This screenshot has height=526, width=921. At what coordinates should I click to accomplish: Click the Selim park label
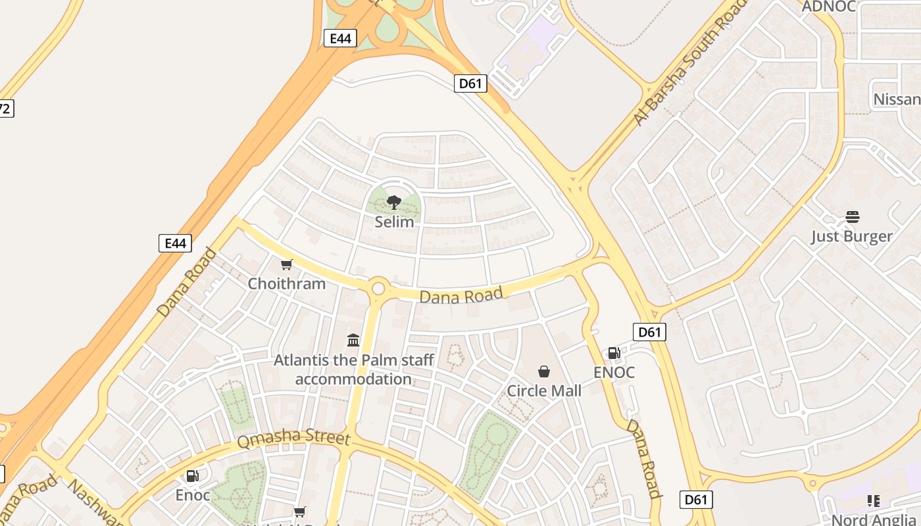click(x=394, y=222)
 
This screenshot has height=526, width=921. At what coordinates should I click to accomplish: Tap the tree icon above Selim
click(x=394, y=203)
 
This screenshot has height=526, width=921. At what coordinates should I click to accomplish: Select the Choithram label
click(x=286, y=283)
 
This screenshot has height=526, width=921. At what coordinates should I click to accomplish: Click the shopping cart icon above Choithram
click(x=286, y=265)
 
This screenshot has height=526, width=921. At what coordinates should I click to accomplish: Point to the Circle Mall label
click(x=544, y=391)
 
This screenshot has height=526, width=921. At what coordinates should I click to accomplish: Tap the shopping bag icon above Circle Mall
click(x=544, y=371)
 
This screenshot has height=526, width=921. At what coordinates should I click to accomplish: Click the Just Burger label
click(x=851, y=236)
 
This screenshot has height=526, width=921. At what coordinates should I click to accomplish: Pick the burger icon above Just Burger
click(x=853, y=217)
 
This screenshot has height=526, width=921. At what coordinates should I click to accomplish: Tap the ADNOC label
click(x=828, y=7)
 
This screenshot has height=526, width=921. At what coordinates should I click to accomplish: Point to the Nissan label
click(x=896, y=99)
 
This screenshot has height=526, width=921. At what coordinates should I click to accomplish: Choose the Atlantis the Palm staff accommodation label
click(x=353, y=370)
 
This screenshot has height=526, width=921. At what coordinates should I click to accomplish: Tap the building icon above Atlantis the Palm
click(x=353, y=340)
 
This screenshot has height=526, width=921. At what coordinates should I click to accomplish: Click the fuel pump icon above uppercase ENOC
click(x=614, y=353)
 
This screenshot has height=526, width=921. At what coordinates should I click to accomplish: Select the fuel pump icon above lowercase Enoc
click(x=193, y=476)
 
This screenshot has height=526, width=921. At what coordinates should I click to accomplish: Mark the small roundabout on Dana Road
click(x=378, y=288)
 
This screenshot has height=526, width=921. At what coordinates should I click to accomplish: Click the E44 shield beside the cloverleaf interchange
click(x=340, y=38)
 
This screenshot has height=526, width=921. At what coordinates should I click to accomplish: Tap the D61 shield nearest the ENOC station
click(x=649, y=332)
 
